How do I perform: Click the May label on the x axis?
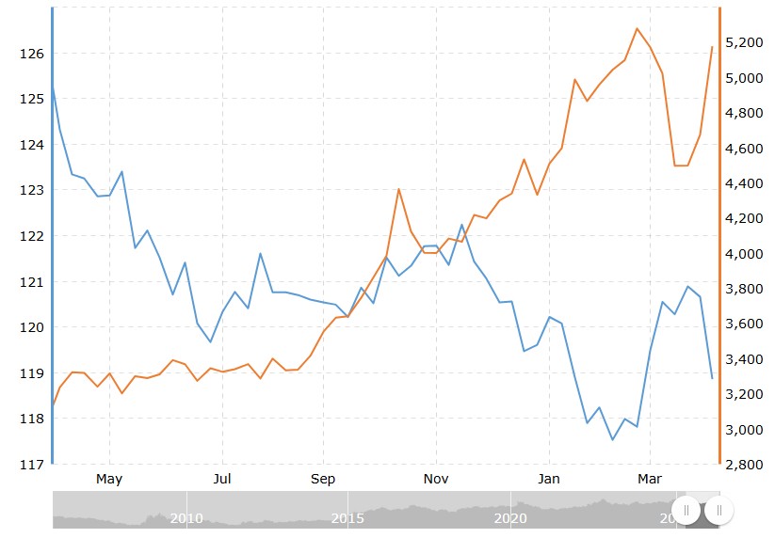pyautogui.click(x=109, y=479)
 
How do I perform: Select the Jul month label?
pyautogui.click(x=222, y=479)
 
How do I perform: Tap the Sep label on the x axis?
pyautogui.click(x=323, y=479)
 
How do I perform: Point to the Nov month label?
pyautogui.click(x=436, y=479)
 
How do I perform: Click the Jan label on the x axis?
pyautogui.click(x=549, y=479)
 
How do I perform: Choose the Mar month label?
pyautogui.click(x=650, y=479)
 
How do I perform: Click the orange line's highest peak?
pyautogui.click(x=638, y=28)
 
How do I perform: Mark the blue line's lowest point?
pyautogui.click(x=612, y=439)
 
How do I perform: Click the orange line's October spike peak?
pyautogui.click(x=398, y=189)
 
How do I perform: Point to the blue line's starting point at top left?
pyautogui.click(x=53, y=86)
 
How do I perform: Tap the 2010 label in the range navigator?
pyautogui.click(x=186, y=517)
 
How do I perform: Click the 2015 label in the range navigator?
pyautogui.click(x=348, y=517)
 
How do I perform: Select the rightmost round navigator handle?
pyautogui.click(x=718, y=510)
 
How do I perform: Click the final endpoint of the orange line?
pyautogui.click(x=712, y=47)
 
